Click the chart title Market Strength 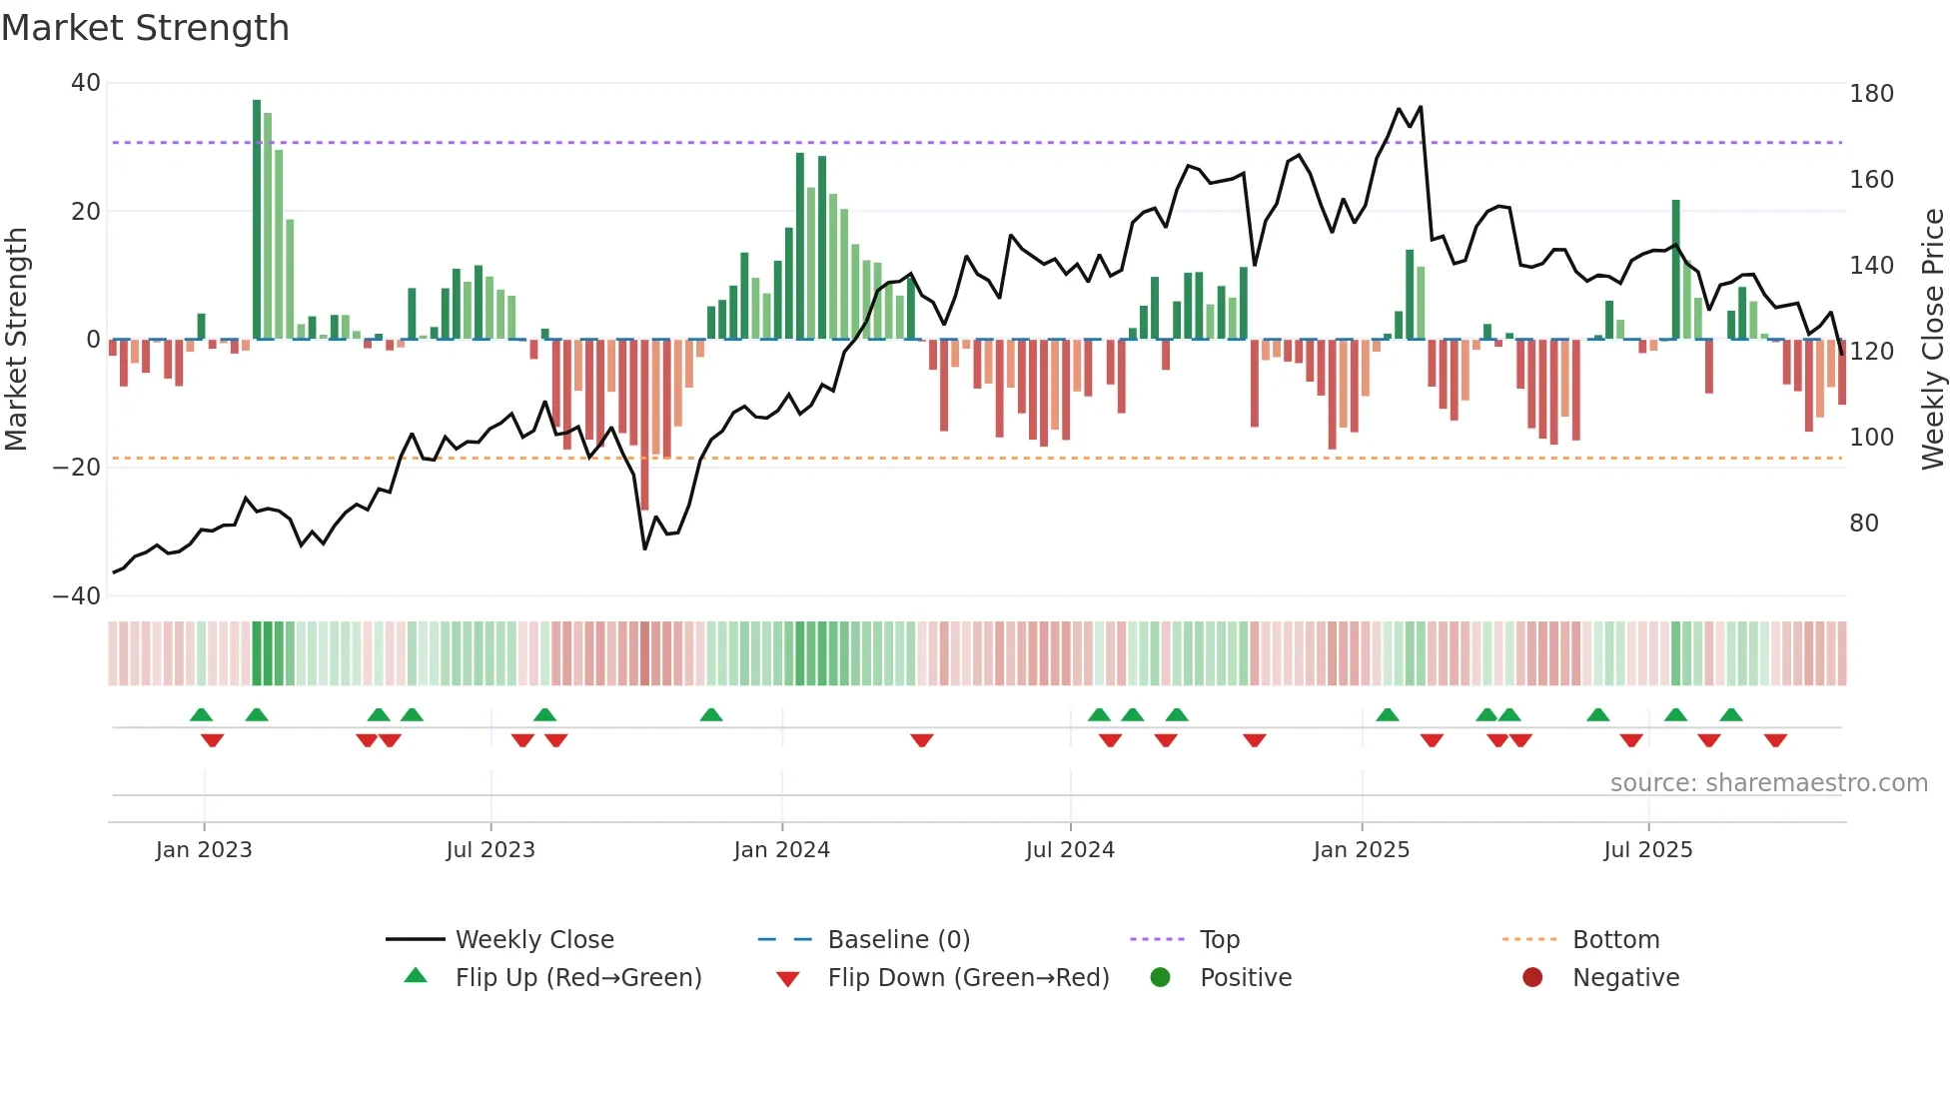tap(145, 28)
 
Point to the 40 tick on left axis tap(86, 83)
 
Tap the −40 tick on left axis tap(77, 596)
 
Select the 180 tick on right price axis tap(1871, 94)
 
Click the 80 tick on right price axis tap(1864, 524)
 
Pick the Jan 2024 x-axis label tap(781, 850)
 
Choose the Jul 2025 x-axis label tap(1647, 850)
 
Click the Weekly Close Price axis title tap(1933, 340)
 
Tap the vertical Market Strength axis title tap(17, 340)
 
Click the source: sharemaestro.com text tap(1768, 783)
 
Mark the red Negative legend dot tap(1531, 978)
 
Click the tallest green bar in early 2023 tap(257, 220)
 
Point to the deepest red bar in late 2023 tap(644, 425)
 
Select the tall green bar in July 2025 tap(1675, 270)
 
